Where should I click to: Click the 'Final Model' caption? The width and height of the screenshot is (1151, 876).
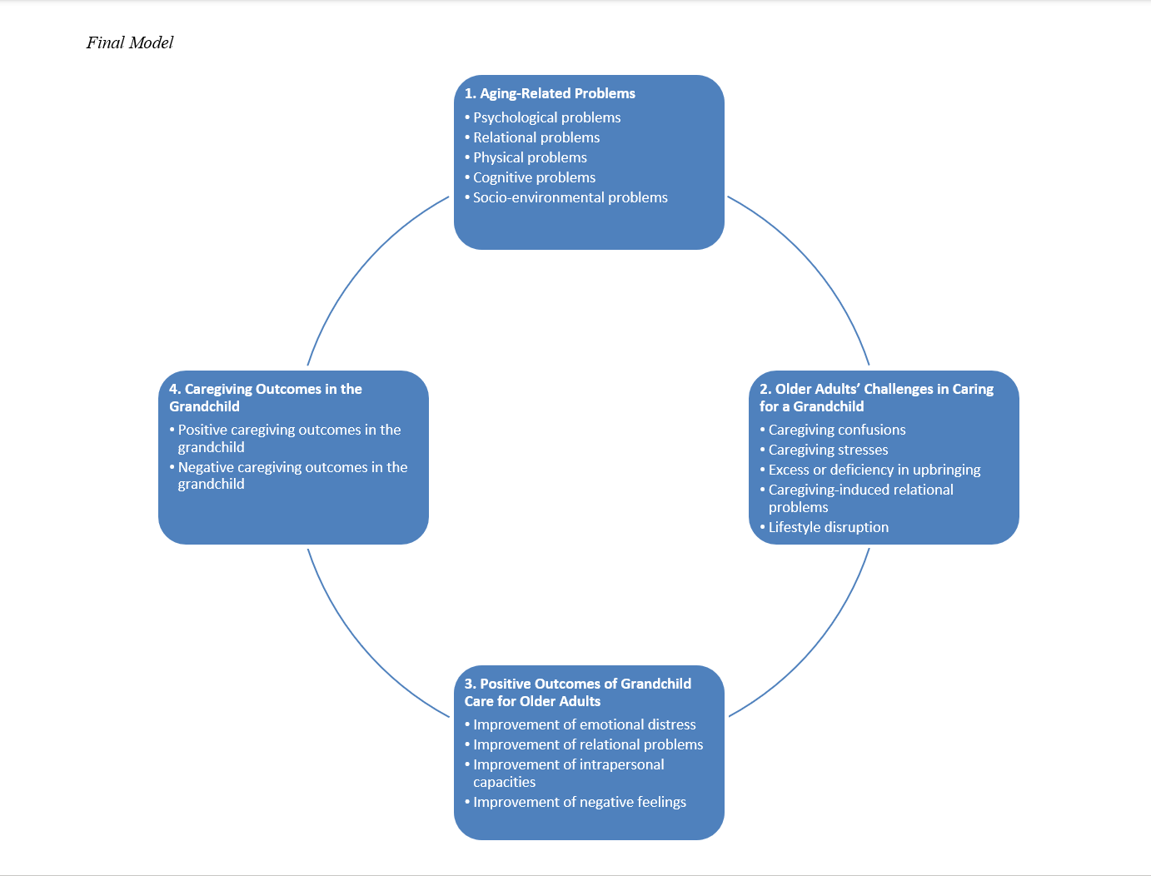click(x=130, y=42)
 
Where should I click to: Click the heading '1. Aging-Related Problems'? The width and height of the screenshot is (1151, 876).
click(x=550, y=93)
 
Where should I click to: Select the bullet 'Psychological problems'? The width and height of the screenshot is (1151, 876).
click(x=546, y=117)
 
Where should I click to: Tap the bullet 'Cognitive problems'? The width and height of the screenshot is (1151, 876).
click(x=534, y=177)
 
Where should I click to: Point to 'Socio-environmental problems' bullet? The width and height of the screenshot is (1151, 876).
click(x=570, y=197)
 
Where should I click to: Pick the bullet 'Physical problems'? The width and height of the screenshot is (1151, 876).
click(x=530, y=157)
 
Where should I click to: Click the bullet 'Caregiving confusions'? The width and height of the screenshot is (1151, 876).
click(x=836, y=430)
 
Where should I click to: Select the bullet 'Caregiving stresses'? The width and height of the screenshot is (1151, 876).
click(x=828, y=450)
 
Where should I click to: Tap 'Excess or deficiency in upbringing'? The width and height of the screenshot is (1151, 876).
click(x=874, y=470)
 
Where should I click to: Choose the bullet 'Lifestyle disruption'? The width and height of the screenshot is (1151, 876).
click(x=828, y=527)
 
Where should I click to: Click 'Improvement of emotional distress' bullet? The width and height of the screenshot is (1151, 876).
click(x=584, y=724)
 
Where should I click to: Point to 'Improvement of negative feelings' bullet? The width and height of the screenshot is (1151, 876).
click(x=579, y=802)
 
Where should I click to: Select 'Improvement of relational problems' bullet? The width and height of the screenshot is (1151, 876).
click(x=587, y=744)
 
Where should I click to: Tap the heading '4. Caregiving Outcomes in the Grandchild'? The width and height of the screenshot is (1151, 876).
click(x=265, y=397)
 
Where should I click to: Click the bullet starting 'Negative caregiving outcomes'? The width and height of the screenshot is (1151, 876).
click(x=291, y=475)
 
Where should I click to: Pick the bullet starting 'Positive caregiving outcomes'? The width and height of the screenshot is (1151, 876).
click(x=288, y=438)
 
